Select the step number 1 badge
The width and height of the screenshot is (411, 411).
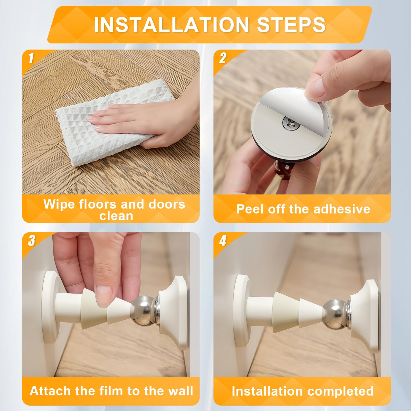coord(31,58)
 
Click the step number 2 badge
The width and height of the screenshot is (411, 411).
coord(222,58)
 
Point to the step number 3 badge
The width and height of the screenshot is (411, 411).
coord(31,241)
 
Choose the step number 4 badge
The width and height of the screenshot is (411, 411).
coord(222,241)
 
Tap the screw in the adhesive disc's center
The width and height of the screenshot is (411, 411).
coord(287,123)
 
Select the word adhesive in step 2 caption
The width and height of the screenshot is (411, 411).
coord(341,209)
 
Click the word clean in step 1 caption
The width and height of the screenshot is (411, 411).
coord(116,216)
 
